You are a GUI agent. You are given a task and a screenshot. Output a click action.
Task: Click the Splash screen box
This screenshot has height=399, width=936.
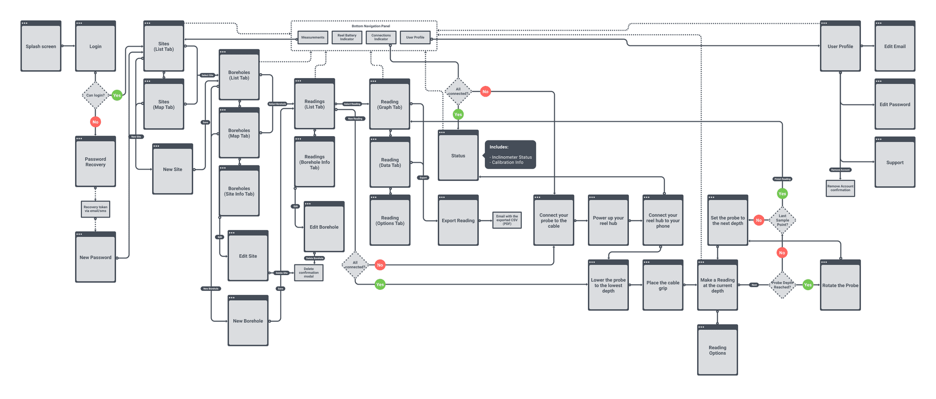41,46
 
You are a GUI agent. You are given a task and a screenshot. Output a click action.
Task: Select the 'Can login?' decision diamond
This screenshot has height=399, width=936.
95,95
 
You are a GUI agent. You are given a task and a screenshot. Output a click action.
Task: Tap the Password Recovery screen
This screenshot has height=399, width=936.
96,162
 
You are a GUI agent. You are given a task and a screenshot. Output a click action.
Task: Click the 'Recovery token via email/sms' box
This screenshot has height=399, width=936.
96,209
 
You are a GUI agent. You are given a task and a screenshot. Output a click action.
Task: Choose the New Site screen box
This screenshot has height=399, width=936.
173,169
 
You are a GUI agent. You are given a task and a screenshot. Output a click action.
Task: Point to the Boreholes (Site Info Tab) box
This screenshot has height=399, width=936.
239,191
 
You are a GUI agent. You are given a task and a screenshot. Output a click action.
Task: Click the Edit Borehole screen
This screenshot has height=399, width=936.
324,227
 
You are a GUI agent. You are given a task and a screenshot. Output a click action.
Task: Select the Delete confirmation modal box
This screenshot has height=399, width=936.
309,273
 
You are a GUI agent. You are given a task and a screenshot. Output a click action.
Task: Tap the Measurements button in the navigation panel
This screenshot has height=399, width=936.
312,38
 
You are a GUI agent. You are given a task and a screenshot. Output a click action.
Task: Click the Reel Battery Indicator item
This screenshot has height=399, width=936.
347,38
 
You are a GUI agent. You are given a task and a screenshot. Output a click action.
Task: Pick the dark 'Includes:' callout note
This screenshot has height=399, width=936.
510,155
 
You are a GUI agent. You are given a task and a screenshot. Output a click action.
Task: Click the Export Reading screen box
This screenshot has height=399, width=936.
458,220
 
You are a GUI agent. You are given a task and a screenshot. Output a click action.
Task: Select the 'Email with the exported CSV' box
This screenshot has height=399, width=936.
507,220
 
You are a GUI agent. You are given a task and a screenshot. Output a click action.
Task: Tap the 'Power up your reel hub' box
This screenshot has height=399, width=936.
608,220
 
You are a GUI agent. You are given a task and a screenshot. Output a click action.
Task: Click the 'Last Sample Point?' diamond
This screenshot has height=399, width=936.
782,220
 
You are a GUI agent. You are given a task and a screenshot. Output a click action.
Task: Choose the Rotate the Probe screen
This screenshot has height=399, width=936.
840,285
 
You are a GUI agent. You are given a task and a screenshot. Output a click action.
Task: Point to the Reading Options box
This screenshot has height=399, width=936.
718,350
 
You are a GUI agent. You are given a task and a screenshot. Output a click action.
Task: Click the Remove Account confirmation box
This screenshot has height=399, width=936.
840,188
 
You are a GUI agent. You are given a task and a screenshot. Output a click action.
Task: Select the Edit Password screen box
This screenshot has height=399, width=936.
895,104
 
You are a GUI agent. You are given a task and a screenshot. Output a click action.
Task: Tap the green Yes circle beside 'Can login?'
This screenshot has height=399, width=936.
117,95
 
